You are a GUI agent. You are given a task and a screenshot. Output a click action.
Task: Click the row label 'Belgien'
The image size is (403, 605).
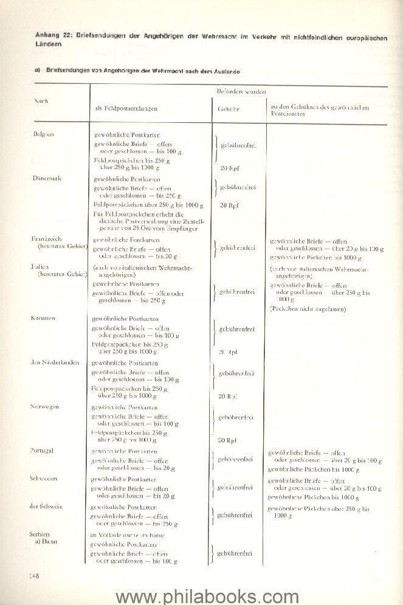coord(43,133)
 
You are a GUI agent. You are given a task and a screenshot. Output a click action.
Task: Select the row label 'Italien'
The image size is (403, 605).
coord(40,266)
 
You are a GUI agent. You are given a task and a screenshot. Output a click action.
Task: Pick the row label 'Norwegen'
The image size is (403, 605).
coord(45,406)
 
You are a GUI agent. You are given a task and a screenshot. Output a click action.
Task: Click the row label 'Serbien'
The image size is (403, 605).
coord(41,533)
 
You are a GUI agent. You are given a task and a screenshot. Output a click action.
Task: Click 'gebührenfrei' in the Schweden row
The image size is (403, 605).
coord(236,488)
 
